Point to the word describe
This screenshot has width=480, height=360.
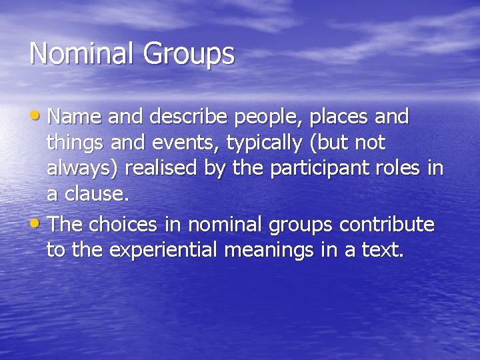(x=181, y=117)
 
